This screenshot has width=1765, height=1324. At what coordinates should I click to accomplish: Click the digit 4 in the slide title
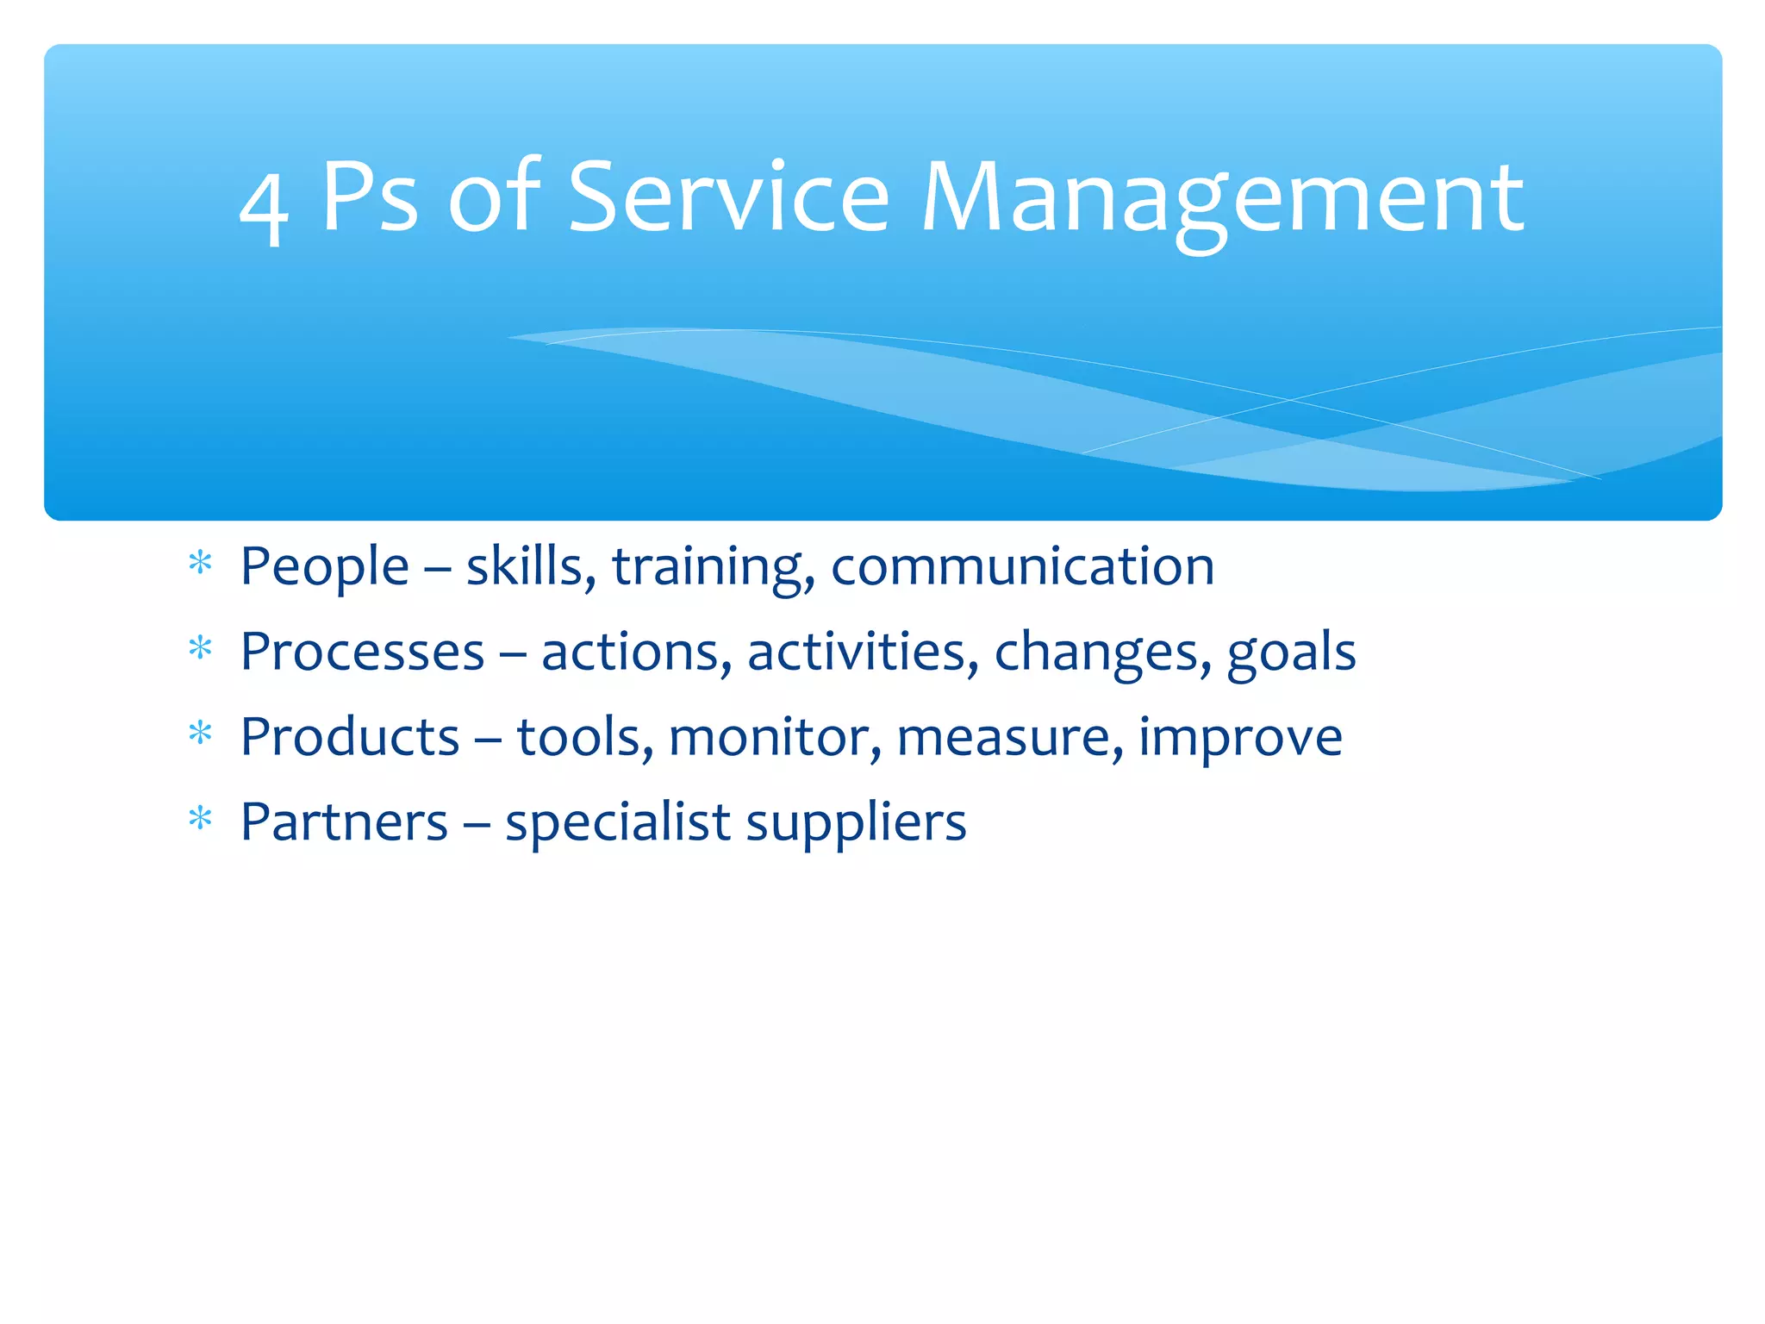[x=263, y=207]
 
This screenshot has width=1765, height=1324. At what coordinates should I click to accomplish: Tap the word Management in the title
[x=1222, y=200]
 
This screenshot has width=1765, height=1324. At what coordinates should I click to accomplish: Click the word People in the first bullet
[x=324, y=567]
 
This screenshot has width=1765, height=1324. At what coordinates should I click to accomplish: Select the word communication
[x=1022, y=567]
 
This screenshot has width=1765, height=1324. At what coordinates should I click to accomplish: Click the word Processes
[x=362, y=652]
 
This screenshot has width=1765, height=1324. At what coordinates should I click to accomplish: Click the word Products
[x=350, y=737]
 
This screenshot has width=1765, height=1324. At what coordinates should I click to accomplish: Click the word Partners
[x=344, y=822]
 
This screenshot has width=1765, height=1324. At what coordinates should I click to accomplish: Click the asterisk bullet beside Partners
[x=201, y=819]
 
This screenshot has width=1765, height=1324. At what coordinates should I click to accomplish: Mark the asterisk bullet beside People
[x=201, y=564]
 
